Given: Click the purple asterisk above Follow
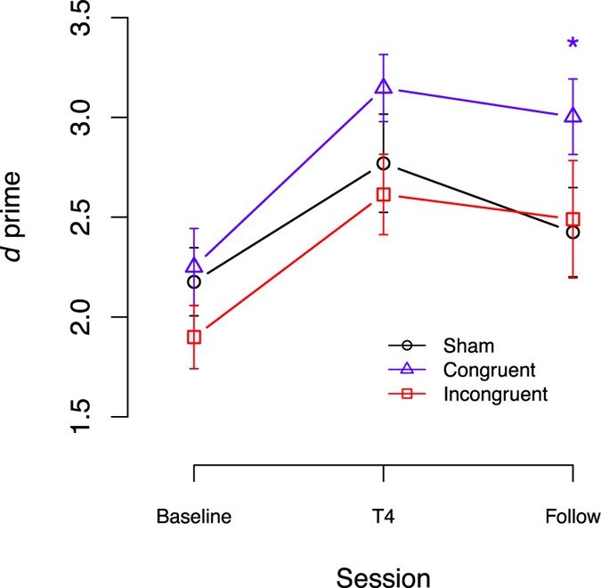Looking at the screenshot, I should (x=573, y=44).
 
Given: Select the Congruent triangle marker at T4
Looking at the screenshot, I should (x=384, y=86).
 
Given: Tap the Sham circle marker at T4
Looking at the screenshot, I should (x=384, y=163).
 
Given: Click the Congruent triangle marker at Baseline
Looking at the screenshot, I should (x=194, y=265).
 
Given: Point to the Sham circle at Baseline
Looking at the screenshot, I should (x=194, y=282).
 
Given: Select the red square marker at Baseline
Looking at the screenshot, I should (x=194, y=337).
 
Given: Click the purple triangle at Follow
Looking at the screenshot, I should (x=573, y=116).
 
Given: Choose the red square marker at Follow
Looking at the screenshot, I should (x=573, y=219).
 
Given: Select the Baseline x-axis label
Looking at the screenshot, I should (x=194, y=517).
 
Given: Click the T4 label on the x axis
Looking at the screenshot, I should (x=384, y=517).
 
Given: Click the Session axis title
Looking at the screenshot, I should (x=384, y=576).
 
